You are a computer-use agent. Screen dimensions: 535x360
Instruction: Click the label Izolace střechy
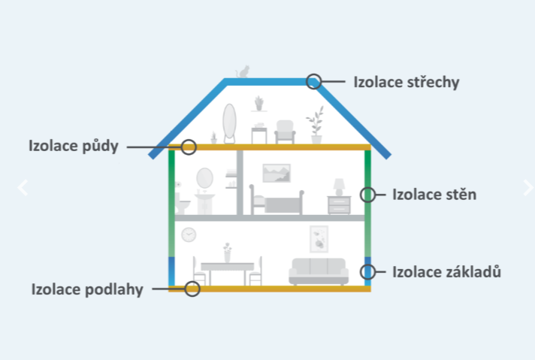[407, 82]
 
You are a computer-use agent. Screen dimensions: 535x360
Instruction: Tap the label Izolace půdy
[74, 146]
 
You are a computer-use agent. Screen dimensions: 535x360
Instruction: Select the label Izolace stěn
[434, 195]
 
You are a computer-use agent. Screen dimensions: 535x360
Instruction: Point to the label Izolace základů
[446, 272]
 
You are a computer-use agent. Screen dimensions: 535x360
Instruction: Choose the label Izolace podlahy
[87, 289]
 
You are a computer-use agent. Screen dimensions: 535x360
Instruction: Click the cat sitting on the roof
[243, 71]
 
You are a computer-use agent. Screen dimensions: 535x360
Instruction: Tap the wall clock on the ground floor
[189, 234]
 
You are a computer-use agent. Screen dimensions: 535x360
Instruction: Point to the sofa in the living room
[319, 271]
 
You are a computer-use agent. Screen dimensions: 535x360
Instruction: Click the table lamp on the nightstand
[339, 187]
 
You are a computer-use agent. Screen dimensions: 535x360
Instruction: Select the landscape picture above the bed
[277, 173]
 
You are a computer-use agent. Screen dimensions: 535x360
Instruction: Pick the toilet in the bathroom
[182, 203]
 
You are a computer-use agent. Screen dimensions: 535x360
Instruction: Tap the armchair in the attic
[285, 132]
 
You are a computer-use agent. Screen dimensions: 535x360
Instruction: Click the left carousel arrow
[23, 187]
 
